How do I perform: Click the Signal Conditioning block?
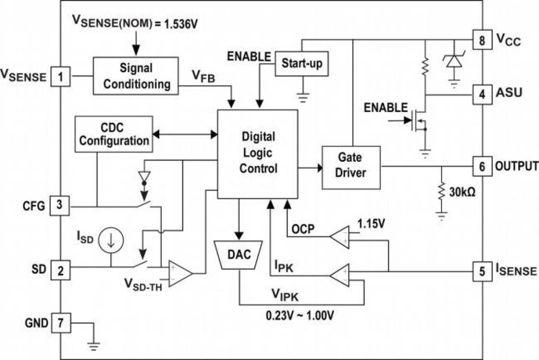(x=136, y=76)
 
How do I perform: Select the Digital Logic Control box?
(x=257, y=154)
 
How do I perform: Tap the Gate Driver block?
(x=351, y=167)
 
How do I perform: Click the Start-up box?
(x=302, y=64)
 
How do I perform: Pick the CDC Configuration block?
(x=114, y=133)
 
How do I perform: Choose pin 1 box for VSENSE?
(x=61, y=77)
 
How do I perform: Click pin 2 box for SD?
(x=60, y=270)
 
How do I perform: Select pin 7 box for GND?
(x=61, y=322)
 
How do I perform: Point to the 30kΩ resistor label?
(x=461, y=191)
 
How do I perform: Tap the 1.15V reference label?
(x=371, y=224)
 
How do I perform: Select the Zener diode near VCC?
(x=453, y=61)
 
